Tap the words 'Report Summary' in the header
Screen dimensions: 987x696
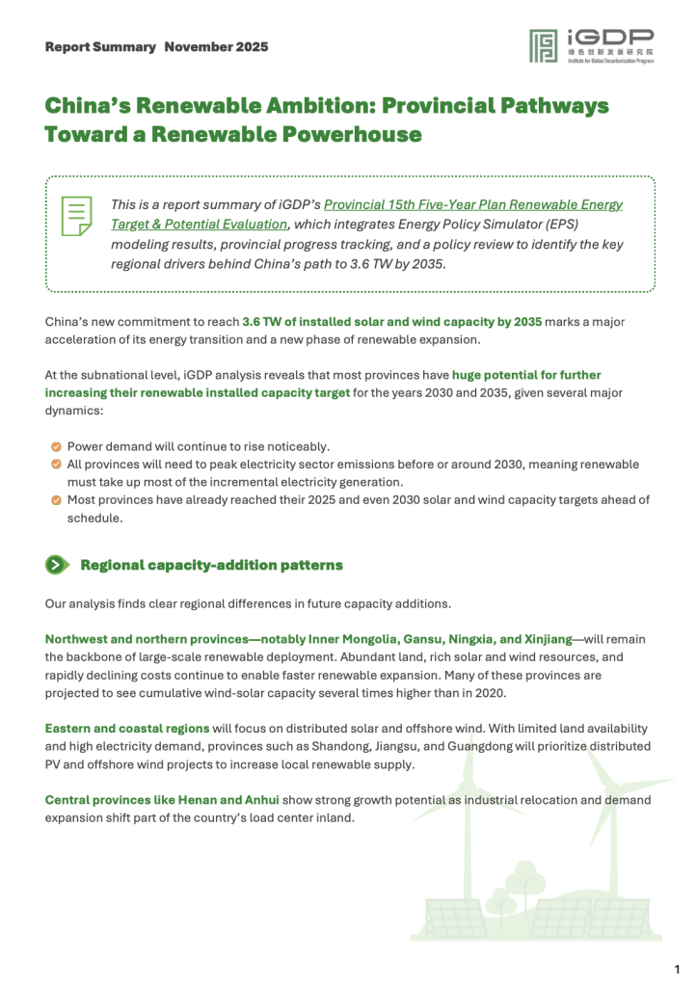(99, 46)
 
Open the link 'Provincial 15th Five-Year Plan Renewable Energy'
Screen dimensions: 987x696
(473, 204)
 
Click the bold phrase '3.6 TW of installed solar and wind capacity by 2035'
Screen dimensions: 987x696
(392, 321)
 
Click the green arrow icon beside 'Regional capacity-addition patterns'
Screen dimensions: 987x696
(57, 565)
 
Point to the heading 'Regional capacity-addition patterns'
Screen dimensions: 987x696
(211, 565)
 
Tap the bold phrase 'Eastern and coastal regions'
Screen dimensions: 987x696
(126, 728)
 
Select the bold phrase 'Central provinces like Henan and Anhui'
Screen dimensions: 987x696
(162, 800)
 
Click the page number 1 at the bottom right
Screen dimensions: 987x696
(677, 967)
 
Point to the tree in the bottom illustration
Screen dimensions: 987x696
(522, 881)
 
